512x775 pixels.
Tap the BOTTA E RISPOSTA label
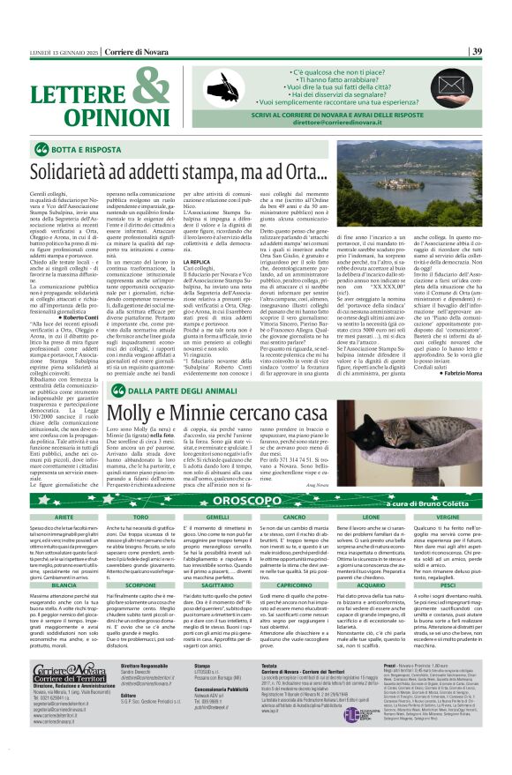(85, 149)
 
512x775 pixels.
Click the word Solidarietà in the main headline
(76, 170)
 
